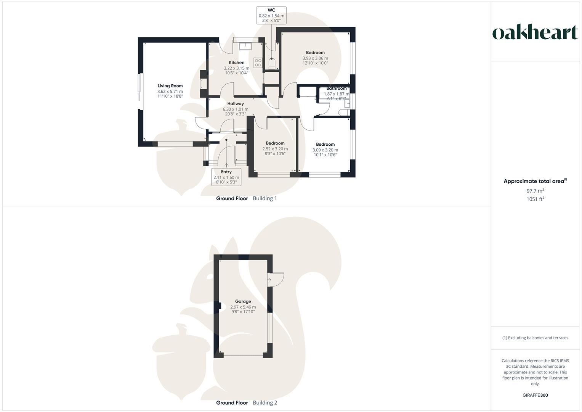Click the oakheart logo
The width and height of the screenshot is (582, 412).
535,32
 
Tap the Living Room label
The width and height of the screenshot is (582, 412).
170,86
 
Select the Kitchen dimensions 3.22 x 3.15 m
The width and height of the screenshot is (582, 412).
236,68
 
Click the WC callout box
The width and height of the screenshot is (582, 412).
271,15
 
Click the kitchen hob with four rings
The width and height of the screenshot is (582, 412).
258,63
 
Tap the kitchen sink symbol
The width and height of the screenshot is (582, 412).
244,46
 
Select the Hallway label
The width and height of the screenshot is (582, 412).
236,103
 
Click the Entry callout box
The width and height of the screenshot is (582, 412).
226,177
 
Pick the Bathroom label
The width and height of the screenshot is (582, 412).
336,89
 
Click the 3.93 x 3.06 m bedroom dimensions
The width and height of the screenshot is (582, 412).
315,58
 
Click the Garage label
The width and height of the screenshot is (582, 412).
243,301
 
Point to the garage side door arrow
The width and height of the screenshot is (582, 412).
269,280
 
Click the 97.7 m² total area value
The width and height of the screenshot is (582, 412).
535,191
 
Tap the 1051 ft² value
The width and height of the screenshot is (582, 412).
535,199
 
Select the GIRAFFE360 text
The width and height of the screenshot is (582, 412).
535,395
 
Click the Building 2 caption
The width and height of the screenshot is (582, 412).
265,403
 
